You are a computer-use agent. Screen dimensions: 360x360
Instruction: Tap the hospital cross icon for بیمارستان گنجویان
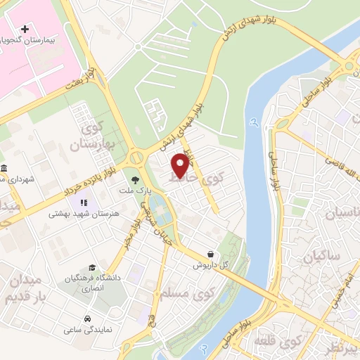coord(26,30)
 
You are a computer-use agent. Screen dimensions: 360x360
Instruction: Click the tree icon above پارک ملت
coord(135,179)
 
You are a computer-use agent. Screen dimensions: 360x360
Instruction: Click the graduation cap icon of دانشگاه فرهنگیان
coord(92,268)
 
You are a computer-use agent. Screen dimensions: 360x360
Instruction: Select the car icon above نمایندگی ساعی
coord(86,318)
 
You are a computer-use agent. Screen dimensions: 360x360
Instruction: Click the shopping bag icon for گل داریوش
coord(211,254)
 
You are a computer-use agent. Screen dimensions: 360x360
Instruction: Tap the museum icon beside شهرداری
coord(5,168)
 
